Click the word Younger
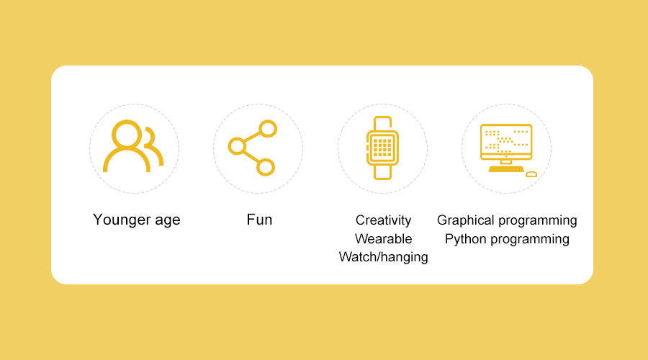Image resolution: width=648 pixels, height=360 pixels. click(x=122, y=220)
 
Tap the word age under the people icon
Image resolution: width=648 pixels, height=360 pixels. click(x=168, y=221)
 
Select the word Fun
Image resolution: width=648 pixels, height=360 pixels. click(x=259, y=220)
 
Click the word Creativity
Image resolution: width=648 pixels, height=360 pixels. click(x=383, y=220)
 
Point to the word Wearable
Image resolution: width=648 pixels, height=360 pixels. click(x=383, y=239)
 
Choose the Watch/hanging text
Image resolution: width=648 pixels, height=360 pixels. click(x=383, y=257)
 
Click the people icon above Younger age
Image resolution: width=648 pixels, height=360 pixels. click(x=133, y=146)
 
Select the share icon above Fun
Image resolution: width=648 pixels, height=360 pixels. click(x=253, y=148)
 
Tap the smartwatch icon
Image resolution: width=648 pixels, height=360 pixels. click(x=382, y=148)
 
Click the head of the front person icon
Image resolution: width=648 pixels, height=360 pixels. click(x=127, y=134)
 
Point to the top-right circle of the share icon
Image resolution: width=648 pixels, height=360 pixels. click(x=268, y=129)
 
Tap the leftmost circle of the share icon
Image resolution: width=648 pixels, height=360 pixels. click(x=237, y=146)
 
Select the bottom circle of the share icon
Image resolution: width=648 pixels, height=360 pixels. click(x=265, y=167)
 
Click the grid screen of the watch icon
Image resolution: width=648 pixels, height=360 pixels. click(x=382, y=148)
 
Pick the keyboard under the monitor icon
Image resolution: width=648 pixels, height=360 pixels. click(x=506, y=169)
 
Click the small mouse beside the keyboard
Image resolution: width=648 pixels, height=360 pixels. click(x=531, y=174)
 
